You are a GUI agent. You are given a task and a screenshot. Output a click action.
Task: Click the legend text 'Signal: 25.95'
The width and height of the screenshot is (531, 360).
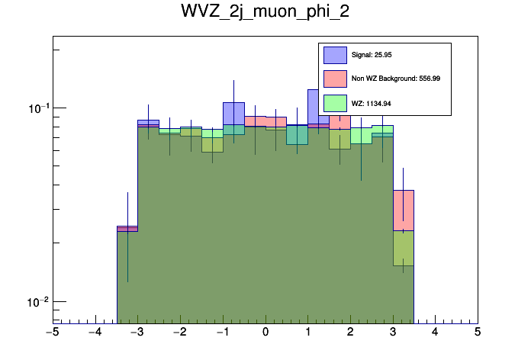pyautogui.click(x=372, y=55)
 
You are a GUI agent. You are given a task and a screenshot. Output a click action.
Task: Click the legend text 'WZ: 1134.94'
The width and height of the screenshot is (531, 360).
pyautogui.click(x=370, y=102)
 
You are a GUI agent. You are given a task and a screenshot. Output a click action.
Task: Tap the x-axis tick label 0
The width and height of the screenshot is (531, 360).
pyautogui.click(x=265, y=333)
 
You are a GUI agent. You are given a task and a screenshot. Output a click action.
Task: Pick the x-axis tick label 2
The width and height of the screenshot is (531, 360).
pyautogui.click(x=350, y=333)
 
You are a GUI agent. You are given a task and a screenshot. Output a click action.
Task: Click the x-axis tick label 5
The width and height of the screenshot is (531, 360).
pyautogui.click(x=478, y=333)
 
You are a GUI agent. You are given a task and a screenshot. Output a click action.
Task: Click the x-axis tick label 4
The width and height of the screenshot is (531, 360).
pyautogui.click(x=435, y=333)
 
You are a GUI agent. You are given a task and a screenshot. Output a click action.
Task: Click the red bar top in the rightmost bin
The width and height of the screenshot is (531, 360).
pyautogui.click(x=403, y=191)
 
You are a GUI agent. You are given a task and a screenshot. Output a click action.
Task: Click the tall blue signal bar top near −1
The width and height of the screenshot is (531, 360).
pyautogui.click(x=233, y=103)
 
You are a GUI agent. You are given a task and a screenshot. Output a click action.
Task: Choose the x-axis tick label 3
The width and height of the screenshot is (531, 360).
pyautogui.click(x=393, y=333)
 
